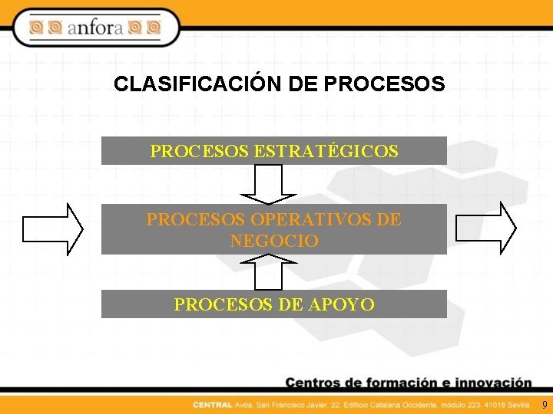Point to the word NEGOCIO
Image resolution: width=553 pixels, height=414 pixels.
[x=274, y=241]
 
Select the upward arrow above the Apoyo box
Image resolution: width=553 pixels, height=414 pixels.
[x=268, y=272]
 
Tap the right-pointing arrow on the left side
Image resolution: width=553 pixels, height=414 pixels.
[x=53, y=228]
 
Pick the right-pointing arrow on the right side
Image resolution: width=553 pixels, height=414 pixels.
[x=486, y=228]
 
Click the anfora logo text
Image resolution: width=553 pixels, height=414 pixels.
[x=95, y=28]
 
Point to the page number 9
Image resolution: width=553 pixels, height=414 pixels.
[x=545, y=404]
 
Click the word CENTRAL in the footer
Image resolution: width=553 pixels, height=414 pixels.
[x=213, y=404]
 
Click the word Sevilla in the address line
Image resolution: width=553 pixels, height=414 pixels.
[x=517, y=404]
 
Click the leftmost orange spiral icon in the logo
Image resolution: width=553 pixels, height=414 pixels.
[x=36, y=28]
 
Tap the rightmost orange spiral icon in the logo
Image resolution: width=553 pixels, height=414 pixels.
[x=154, y=28]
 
